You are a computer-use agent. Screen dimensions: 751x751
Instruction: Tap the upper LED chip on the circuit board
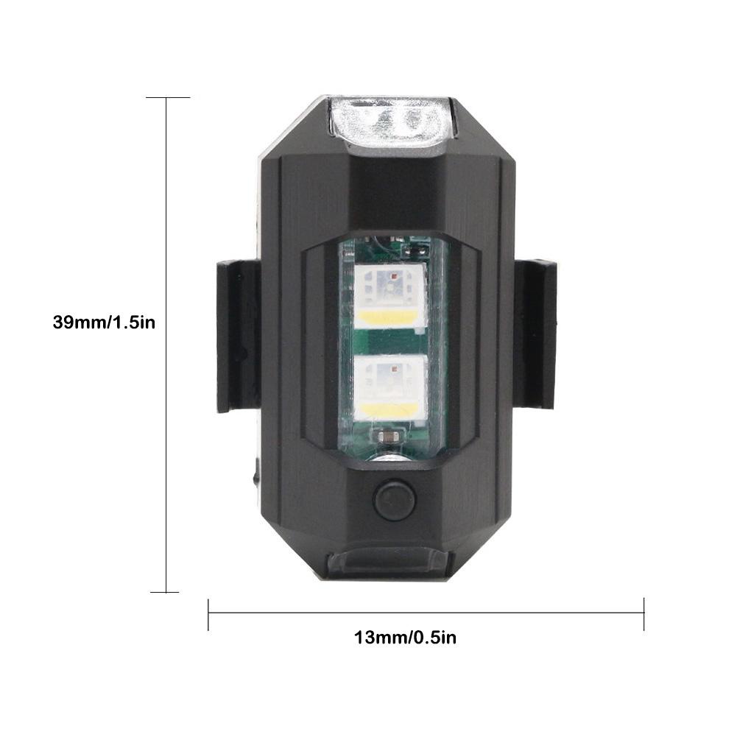(x=390, y=297)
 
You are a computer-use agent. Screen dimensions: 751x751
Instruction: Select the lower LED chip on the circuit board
(x=390, y=389)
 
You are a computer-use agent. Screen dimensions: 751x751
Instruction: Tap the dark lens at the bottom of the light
(x=389, y=566)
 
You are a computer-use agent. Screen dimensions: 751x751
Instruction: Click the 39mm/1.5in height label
(x=104, y=322)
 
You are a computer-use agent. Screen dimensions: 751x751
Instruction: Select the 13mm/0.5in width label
(x=405, y=638)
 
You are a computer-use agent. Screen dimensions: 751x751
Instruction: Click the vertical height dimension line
(x=166, y=345)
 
